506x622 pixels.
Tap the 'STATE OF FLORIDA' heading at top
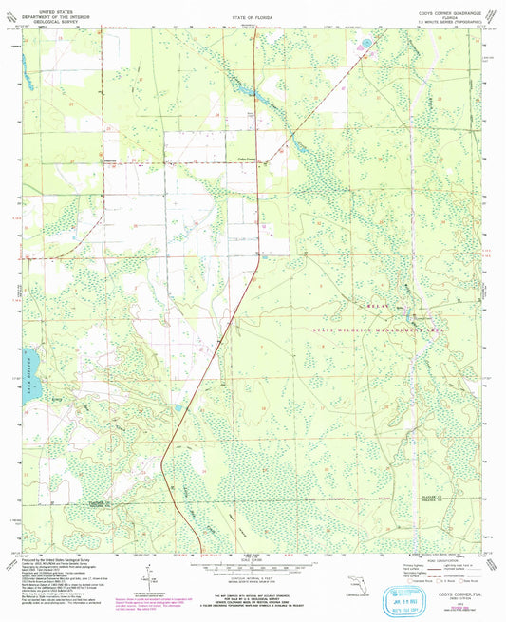(x=253, y=18)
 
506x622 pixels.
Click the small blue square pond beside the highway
(x=179, y=407)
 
